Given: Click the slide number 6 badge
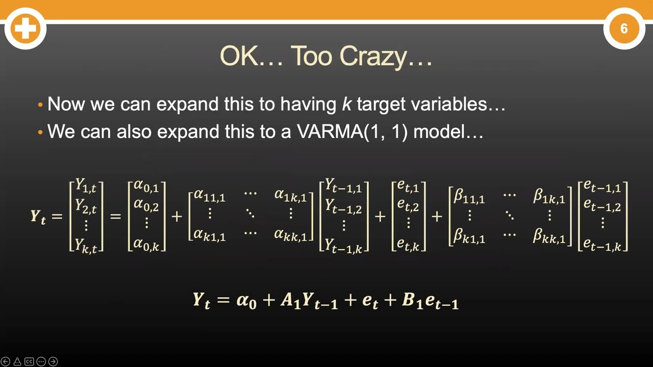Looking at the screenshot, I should click(x=624, y=29).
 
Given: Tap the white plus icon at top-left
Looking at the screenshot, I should click(x=26, y=29).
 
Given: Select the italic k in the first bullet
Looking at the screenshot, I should click(x=346, y=104).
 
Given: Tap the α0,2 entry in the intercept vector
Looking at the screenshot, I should click(x=146, y=205).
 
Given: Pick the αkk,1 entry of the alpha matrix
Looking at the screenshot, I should click(x=291, y=235).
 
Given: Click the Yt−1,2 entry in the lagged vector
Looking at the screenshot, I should click(x=343, y=205).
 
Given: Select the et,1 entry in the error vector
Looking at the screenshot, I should click(x=408, y=188).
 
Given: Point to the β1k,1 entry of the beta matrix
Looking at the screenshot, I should click(x=549, y=197).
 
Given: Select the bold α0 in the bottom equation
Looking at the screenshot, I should click(x=246, y=301).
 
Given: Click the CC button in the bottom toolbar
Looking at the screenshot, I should click(x=29, y=361).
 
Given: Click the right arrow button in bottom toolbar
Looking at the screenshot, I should click(x=53, y=361).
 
